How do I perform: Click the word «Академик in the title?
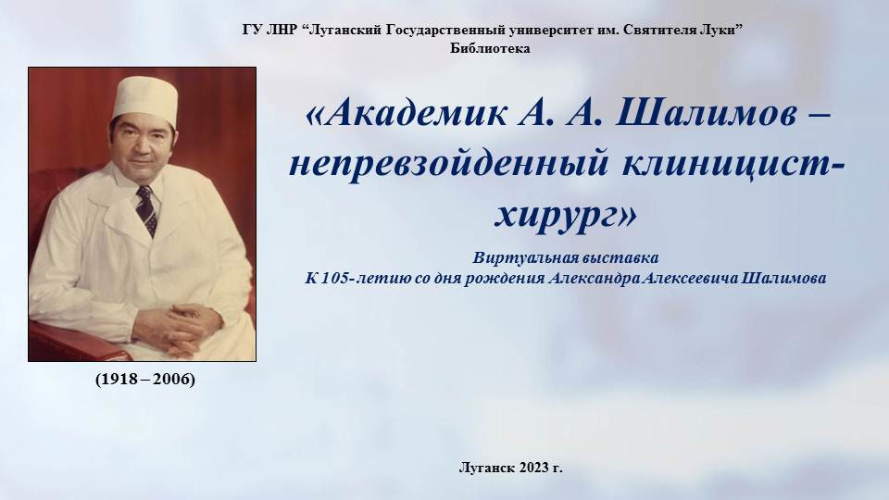407,113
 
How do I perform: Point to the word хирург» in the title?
565,215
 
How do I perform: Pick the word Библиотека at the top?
491,49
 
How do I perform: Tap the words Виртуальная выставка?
566,258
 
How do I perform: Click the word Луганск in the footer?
487,468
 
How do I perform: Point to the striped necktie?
146,210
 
